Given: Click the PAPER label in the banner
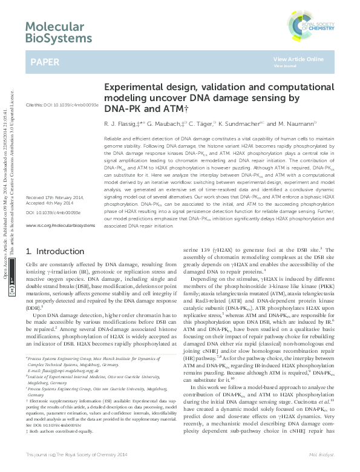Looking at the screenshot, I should pyautogui.click(x=45, y=62).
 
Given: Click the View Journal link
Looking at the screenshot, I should pyautogui.click(x=284, y=65).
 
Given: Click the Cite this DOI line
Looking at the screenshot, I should pyautogui.click(x=61, y=105).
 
